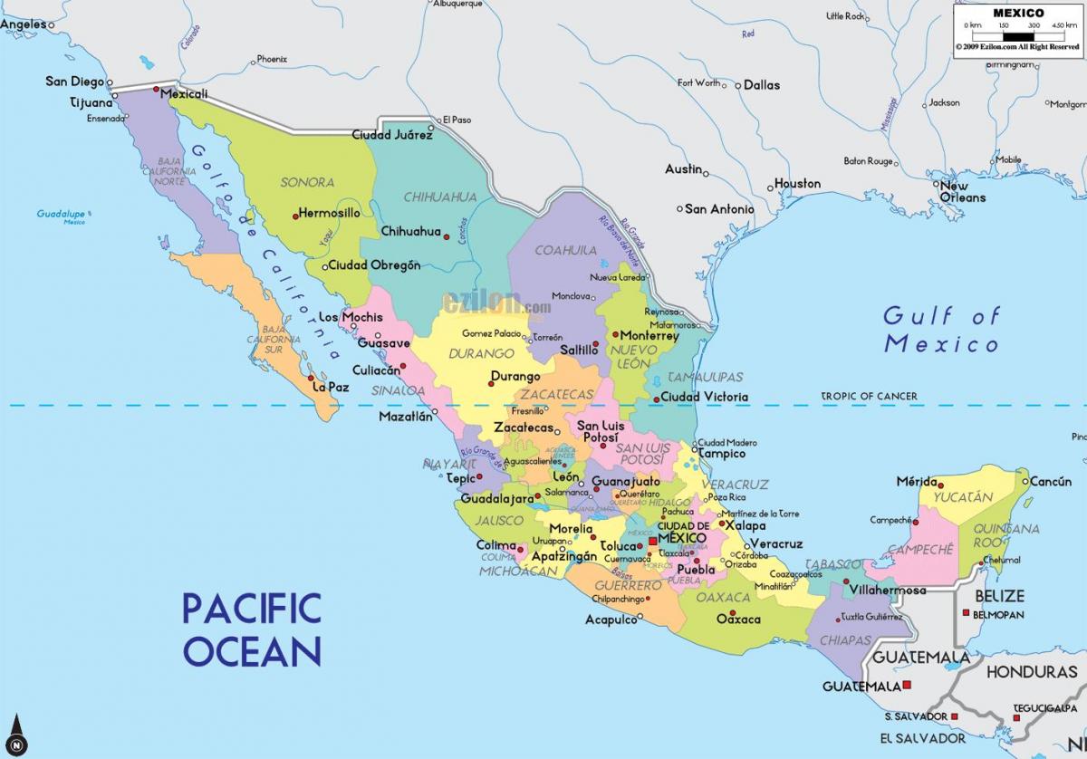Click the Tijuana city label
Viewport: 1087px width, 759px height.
click(x=91, y=102)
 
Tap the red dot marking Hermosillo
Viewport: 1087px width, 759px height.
click(x=295, y=216)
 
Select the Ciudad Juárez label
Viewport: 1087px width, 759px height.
click(x=391, y=135)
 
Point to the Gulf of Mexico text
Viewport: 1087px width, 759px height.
click(x=942, y=330)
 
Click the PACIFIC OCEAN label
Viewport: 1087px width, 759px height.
click(x=252, y=629)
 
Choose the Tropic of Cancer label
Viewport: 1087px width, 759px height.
click(x=869, y=397)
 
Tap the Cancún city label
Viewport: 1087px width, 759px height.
click(x=1051, y=482)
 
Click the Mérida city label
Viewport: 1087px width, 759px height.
click(x=917, y=481)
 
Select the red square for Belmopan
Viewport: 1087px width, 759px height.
click(x=967, y=614)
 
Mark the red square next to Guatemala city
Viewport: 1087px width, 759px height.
click(x=907, y=686)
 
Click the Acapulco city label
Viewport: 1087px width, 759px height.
click(x=611, y=620)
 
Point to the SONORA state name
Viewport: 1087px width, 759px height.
click(x=307, y=182)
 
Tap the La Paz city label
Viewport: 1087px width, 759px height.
click(x=331, y=387)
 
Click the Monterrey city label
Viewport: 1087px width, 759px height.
click(x=649, y=335)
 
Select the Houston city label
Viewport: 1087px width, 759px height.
click(x=797, y=184)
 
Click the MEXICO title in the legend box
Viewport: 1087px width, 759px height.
click(x=1018, y=13)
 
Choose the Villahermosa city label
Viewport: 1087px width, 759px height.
click(x=887, y=591)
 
